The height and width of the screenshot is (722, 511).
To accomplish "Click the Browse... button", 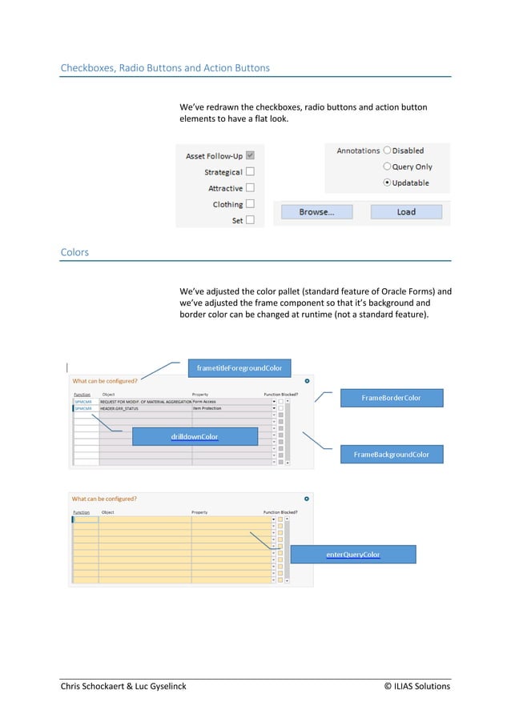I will [x=316, y=212].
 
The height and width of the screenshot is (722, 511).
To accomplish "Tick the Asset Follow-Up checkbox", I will [x=251, y=156].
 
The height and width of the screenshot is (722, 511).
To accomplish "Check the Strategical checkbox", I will [x=251, y=172].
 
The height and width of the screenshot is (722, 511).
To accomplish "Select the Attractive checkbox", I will [x=251, y=188].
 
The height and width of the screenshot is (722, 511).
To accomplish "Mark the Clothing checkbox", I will [x=251, y=204].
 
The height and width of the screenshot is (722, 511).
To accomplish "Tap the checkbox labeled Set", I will [x=251, y=220].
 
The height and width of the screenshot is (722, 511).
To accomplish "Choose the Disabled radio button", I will [x=388, y=150].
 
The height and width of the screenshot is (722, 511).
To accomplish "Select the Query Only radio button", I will [x=388, y=166].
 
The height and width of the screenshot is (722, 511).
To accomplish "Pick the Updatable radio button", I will [x=388, y=183].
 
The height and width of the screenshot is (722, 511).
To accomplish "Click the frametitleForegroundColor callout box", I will [x=239, y=368].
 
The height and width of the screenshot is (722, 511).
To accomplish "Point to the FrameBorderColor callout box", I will [x=391, y=398].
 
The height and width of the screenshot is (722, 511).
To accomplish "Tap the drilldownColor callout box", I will [x=195, y=436].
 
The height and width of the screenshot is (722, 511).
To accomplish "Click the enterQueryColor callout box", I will [x=353, y=554].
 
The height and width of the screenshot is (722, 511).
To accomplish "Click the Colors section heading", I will [x=74, y=252].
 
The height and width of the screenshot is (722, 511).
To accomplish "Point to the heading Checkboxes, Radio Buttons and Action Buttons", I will [x=165, y=68].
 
